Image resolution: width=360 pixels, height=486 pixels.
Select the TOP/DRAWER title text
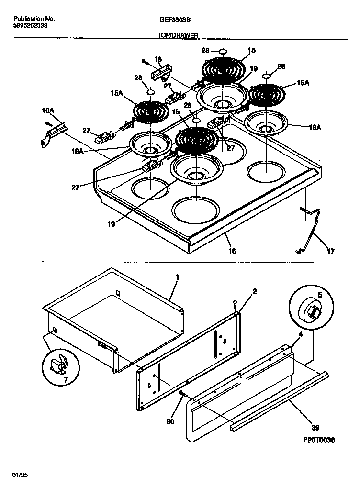pyautogui.click(x=178, y=35)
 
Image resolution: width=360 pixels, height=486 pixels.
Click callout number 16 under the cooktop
pyautogui.click(x=233, y=251)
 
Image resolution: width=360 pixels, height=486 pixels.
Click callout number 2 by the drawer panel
pyautogui.click(x=255, y=291)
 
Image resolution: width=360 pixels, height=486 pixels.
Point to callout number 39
pyautogui.click(x=315, y=427)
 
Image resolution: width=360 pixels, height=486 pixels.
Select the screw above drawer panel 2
pyautogui.click(x=235, y=304)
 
